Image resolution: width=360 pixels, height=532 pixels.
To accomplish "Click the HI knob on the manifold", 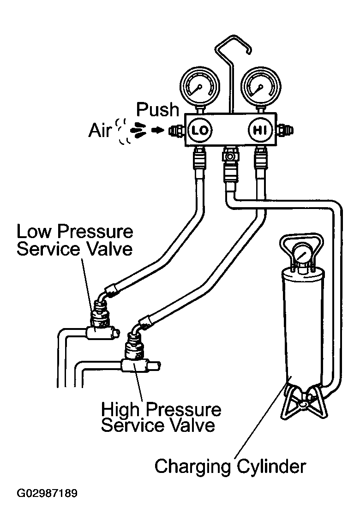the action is (260, 130).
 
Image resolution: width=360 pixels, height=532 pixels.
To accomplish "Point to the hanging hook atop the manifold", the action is (233, 68).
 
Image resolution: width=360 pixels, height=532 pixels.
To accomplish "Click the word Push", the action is (157, 110).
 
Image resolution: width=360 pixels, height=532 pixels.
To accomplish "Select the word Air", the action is (100, 130).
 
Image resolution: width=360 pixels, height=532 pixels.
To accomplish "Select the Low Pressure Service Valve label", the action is (75, 240).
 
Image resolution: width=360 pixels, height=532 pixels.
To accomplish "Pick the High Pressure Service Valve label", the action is (161, 417).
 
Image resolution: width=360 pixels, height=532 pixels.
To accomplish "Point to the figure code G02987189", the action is (47, 493).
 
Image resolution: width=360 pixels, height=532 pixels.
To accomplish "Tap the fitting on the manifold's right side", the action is (285, 130).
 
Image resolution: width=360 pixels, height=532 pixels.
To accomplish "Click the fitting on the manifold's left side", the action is (176, 130).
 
